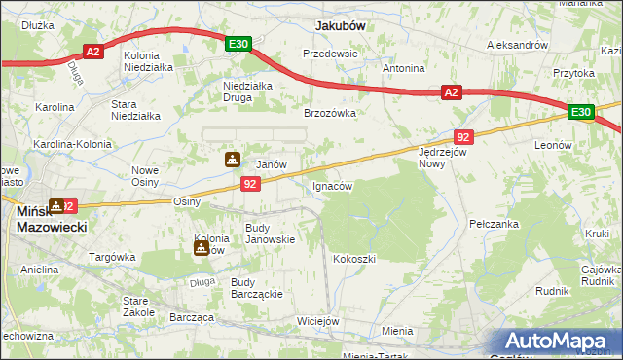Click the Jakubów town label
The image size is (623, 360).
pos(340,26)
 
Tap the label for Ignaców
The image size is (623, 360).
pos(332,185)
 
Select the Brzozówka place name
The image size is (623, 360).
pos(330,113)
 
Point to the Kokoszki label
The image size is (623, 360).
pos(353,259)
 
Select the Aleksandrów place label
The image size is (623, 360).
pos(518,45)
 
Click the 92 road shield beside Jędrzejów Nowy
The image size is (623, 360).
pos(463,137)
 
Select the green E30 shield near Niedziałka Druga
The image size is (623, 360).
pos(239,44)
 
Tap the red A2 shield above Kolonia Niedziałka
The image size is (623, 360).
pos(93,52)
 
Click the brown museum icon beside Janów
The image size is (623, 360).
pos(233,160)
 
